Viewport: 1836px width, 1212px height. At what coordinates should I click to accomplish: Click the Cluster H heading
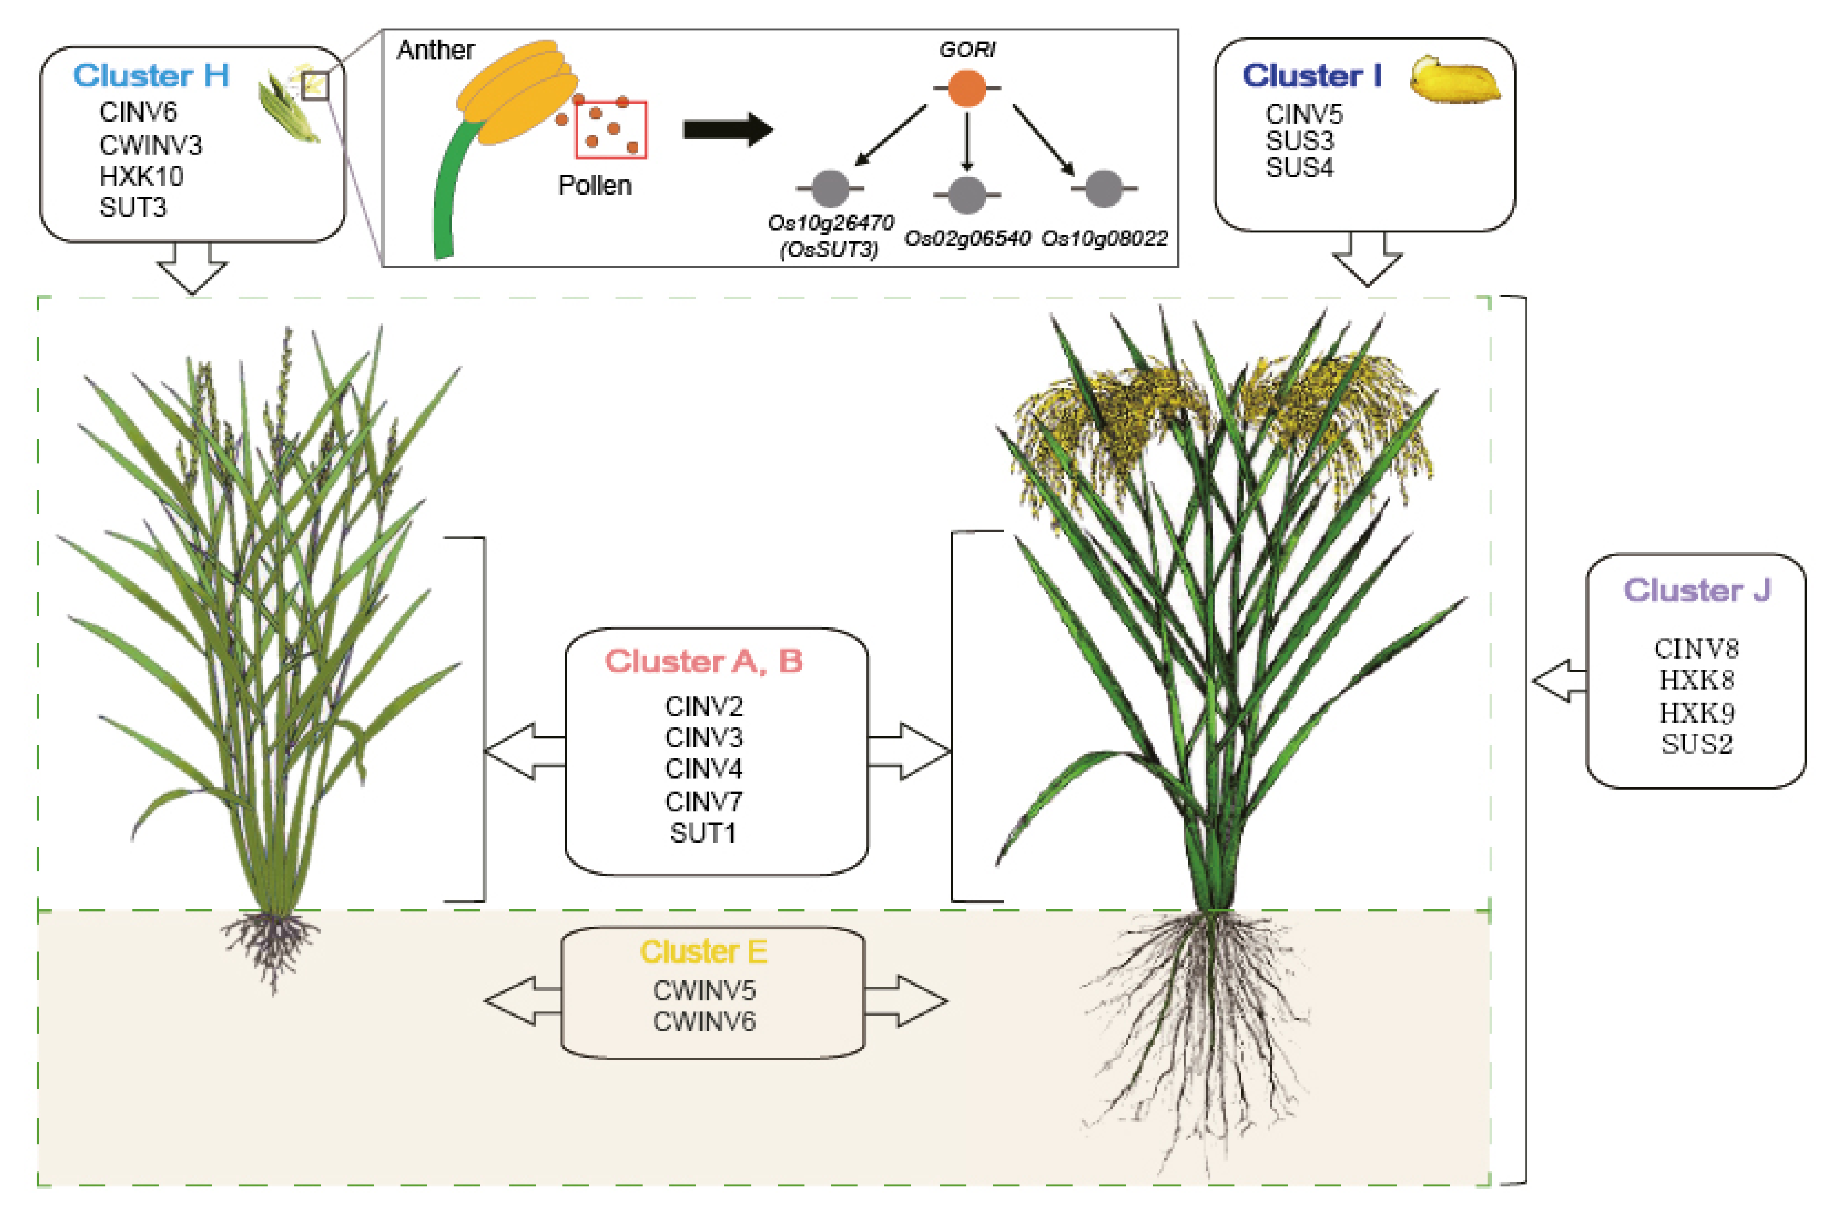click(151, 76)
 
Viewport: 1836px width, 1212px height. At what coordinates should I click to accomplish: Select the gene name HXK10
click(142, 176)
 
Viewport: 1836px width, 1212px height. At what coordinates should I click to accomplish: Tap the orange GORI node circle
click(967, 87)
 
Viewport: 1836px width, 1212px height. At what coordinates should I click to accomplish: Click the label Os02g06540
click(967, 238)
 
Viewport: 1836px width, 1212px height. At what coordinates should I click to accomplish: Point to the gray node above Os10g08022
click(1104, 188)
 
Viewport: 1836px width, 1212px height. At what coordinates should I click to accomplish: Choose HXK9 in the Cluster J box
click(1696, 712)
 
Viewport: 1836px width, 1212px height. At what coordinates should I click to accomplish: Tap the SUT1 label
click(703, 833)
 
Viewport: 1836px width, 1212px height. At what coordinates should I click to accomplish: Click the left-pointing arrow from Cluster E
click(522, 1000)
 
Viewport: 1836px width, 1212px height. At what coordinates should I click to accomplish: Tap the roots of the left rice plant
click(271, 947)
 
